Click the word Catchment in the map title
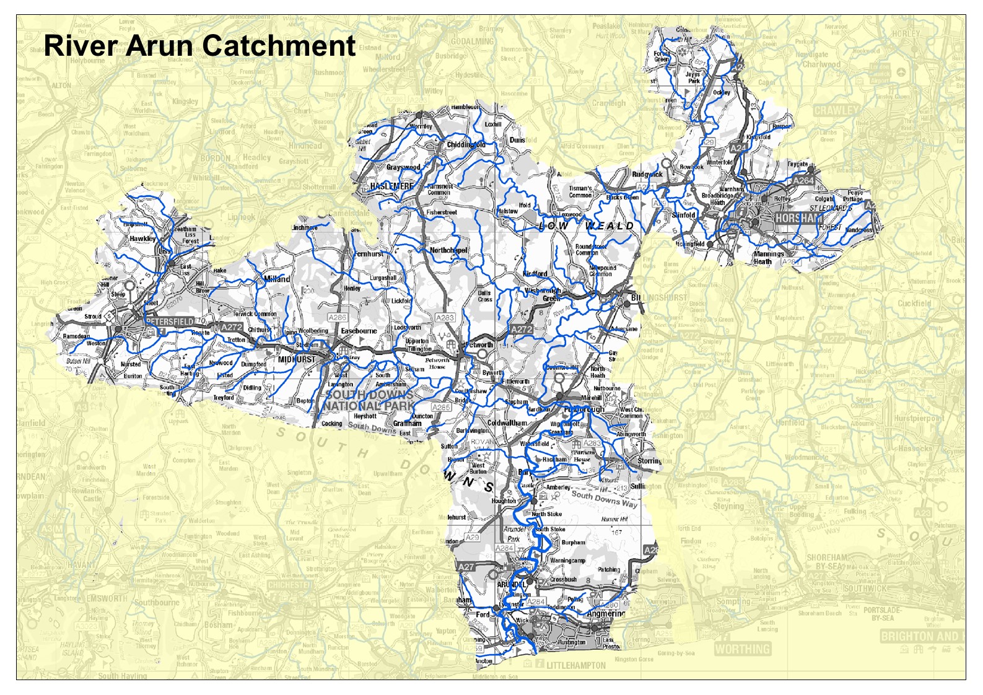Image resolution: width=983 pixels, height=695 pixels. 278,46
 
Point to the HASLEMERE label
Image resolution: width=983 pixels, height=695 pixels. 391,186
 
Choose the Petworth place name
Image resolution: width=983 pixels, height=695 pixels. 479,345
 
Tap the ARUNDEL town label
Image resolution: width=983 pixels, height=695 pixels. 511,584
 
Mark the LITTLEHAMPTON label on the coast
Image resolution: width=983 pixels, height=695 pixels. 576,665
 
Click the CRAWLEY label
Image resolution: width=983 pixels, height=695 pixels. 836,110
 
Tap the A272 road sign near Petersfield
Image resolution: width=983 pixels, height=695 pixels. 231,326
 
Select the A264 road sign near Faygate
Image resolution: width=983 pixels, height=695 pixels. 803,180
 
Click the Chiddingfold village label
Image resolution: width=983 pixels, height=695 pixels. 466,145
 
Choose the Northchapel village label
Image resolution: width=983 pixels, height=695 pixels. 448,250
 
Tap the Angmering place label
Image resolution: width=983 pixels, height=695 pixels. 606,614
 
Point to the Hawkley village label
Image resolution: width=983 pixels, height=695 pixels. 142,238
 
